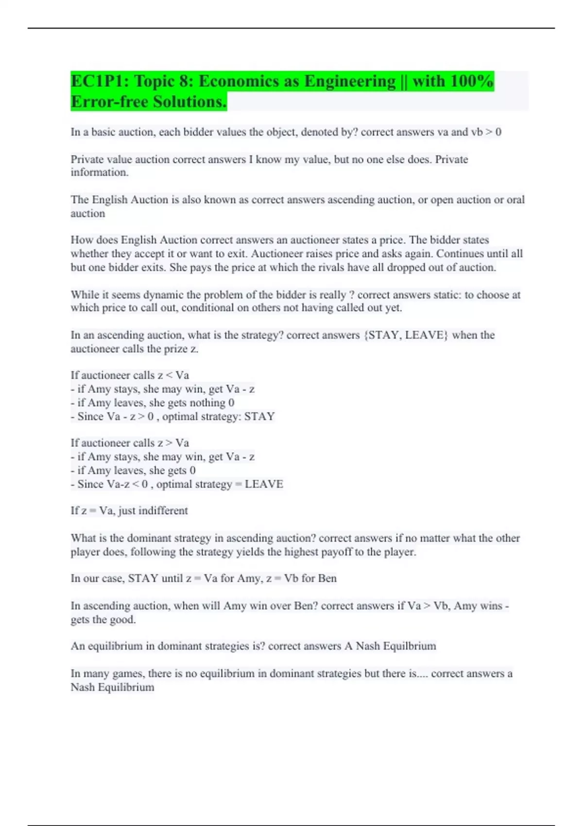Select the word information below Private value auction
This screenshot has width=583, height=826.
pos(99,172)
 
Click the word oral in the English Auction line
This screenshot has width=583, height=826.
pos(515,200)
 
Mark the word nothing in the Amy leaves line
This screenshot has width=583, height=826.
pos(207,403)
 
